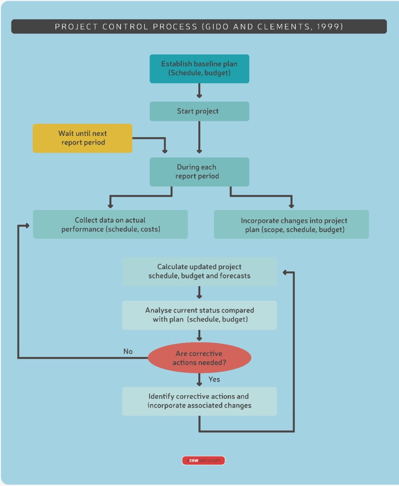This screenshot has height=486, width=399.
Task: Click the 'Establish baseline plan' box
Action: click(x=199, y=69)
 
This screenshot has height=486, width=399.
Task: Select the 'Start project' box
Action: click(x=199, y=111)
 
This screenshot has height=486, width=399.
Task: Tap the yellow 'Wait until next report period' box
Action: click(x=82, y=138)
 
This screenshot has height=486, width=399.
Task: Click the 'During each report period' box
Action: click(x=199, y=172)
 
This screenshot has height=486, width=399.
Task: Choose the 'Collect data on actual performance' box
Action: click(x=110, y=224)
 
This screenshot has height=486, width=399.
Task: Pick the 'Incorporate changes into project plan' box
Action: click(x=291, y=224)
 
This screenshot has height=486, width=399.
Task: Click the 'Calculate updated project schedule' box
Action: click(x=199, y=271)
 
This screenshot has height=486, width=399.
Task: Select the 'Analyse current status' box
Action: click(x=199, y=315)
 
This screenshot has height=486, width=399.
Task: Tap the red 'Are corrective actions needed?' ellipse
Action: click(x=199, y=358)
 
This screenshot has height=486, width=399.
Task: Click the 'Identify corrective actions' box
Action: click(x=199, y=401)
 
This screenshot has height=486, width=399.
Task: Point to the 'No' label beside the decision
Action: click(x=128, y=352)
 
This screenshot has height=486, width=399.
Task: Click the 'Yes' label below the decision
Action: click(x=214, y=379)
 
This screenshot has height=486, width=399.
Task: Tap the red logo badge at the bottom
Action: click(x=203, y=461)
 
